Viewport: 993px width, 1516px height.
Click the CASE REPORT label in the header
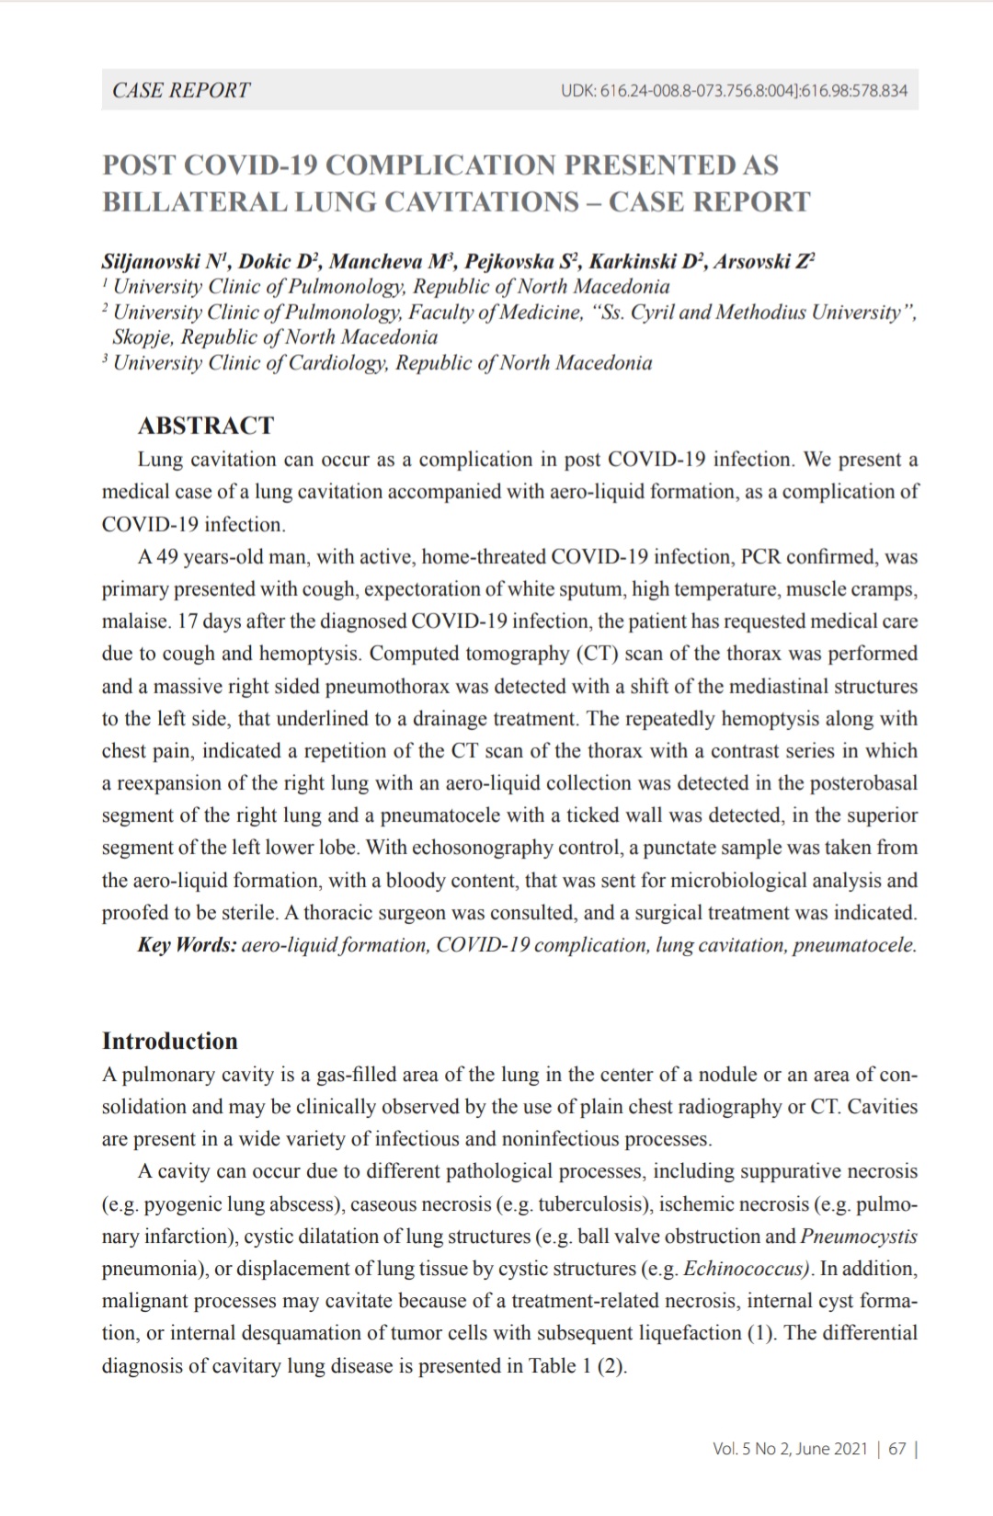click(x=181, y=90)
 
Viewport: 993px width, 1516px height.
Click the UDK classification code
click(x=734, y=91)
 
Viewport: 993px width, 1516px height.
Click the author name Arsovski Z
click(x=762, y=261)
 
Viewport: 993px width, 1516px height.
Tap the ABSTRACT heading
click(x=206, y=426)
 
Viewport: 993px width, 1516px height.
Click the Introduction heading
click(x=170, y=1042)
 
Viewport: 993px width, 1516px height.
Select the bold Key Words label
click(x=188, y=945)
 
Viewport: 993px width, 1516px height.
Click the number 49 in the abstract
click(x=166, y=557)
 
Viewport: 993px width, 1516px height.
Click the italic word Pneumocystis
click(x=859, y=1237)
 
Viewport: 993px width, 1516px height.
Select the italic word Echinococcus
click(x=747, y=1269)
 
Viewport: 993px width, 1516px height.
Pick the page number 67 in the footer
click(x=897, y=1449)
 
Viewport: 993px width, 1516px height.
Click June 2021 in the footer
click(x=831, y=1449)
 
